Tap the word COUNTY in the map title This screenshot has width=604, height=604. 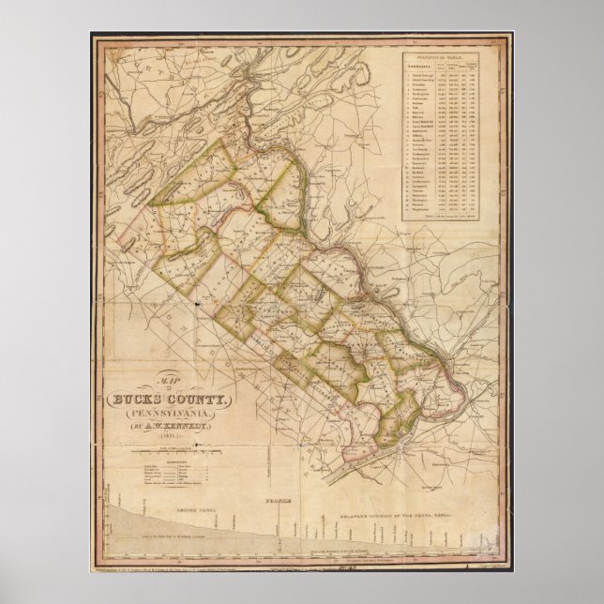pyautogui.click(x=201, y=400)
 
